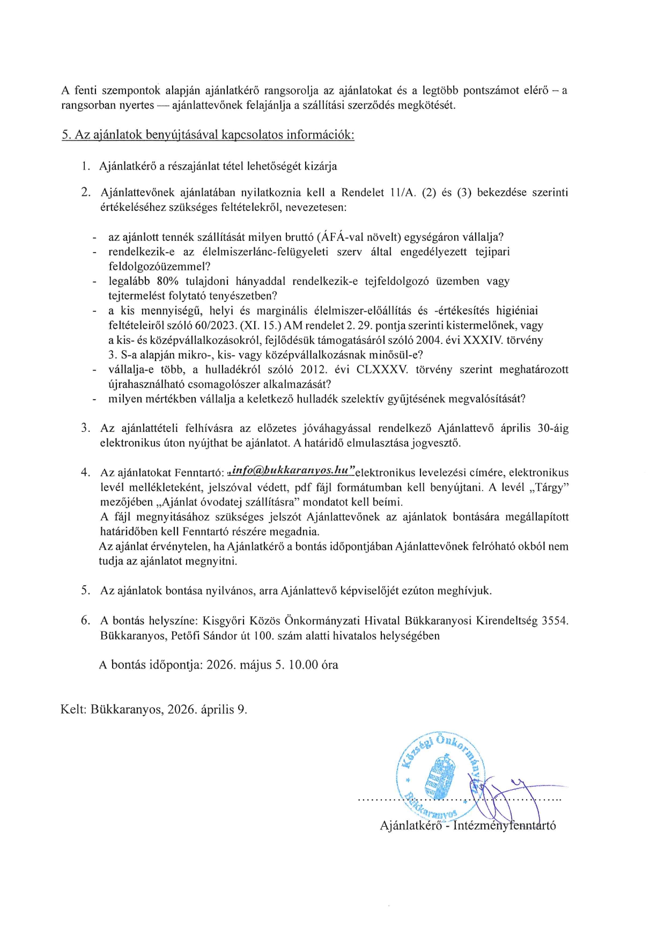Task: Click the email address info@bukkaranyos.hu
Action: point(292,470)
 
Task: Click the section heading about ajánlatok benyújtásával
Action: point(208,135)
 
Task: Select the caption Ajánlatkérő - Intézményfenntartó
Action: point(468,826)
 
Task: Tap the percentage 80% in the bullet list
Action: point(167,281)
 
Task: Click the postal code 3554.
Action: point(555,621)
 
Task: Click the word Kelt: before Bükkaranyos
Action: point(73,709)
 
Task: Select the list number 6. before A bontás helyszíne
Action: point(85,621)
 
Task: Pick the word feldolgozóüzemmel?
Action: point(159,266)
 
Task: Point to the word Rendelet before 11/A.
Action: point(363,193)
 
